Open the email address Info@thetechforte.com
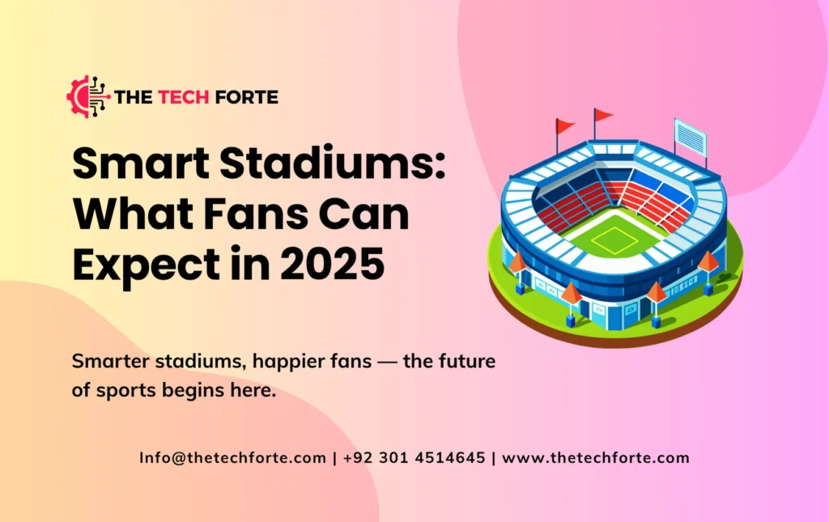click(x=232, y=457)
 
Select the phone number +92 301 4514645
click(x=414, y=457)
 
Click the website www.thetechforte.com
click(x=596, y=457)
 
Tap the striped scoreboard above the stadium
click(x=690, y=138)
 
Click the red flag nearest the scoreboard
click(x=603, y=115)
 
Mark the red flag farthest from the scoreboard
click(x=565, y=125)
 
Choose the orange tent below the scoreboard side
click(x=708, y=261)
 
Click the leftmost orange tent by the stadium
click(x=517, y=262)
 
